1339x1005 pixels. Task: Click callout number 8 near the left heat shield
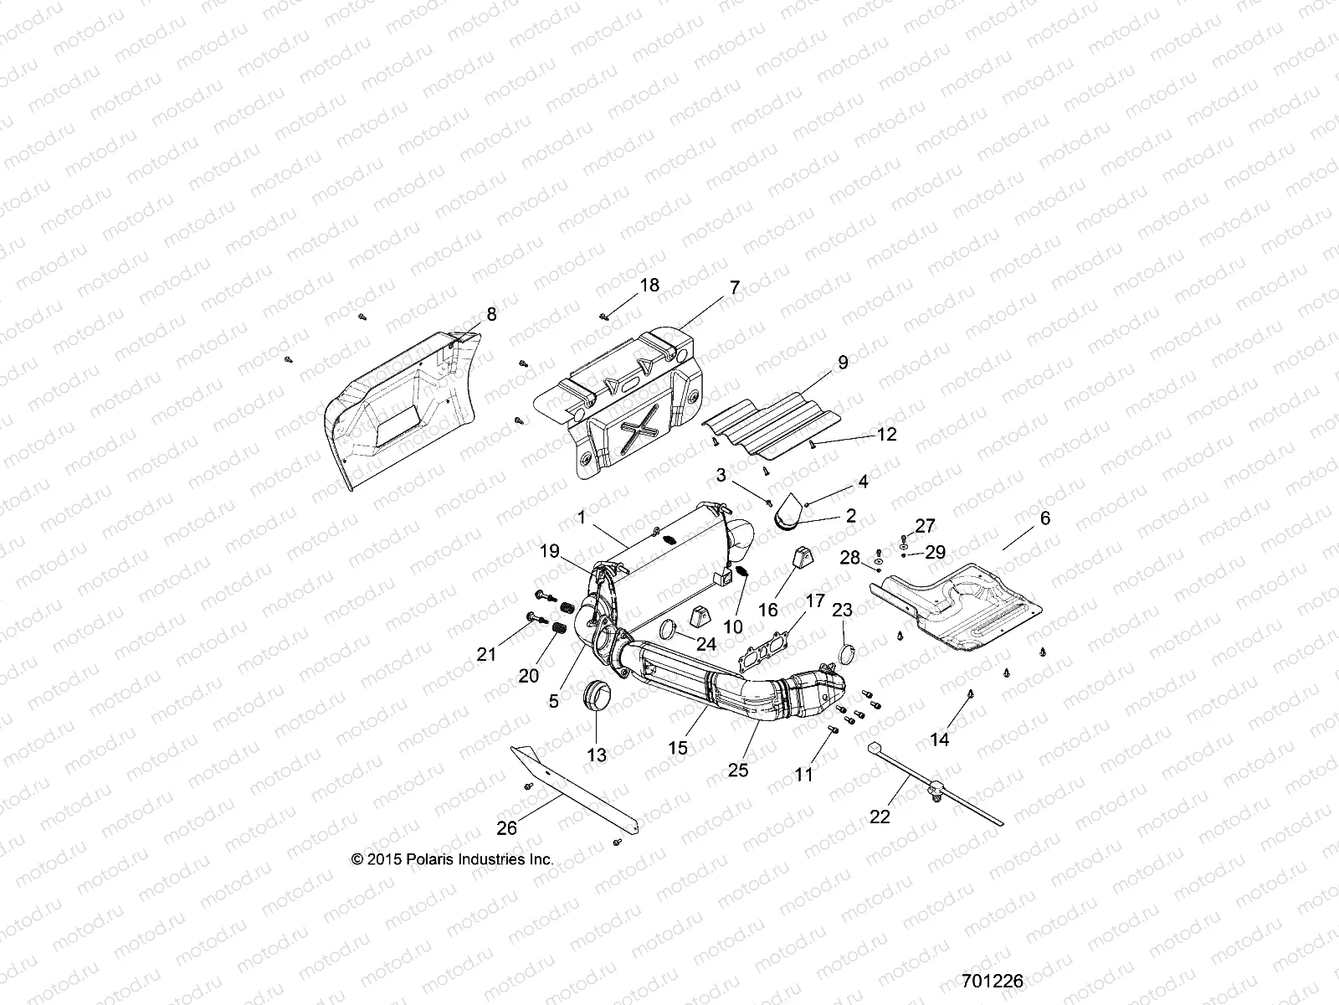point(491,314)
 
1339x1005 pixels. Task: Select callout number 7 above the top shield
point(735,287)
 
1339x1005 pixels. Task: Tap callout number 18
point(649,285)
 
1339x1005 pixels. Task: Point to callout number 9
point(843,363)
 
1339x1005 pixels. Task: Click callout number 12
point(886,435)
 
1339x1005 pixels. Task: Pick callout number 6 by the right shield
point(1045,518)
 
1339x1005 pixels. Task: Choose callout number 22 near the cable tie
point(880,817)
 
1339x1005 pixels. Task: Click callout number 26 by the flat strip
point(507,828)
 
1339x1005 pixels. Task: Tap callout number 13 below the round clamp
point(597,755)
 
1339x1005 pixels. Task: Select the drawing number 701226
point(993,981)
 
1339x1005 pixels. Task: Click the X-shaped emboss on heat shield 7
point(639,429)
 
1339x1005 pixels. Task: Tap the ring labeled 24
point(669,630)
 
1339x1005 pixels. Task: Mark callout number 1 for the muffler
point(582,518)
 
